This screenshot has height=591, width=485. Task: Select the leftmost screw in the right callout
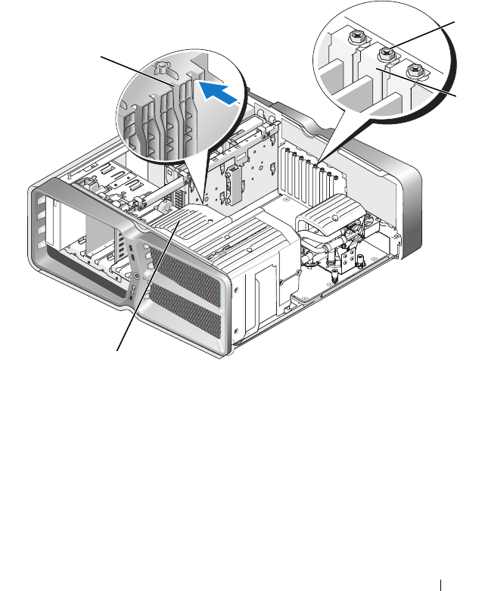click(355, 36)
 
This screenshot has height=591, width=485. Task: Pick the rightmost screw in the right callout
click(413, 73)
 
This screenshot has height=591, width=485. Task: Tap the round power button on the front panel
click(134, 287)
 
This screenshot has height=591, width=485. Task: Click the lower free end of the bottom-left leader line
click(117, 349)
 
